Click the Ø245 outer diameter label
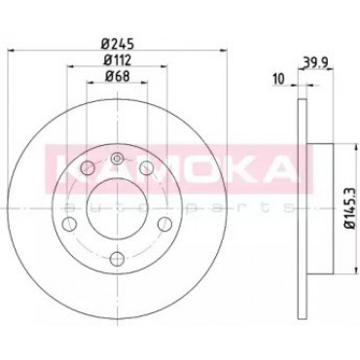click(x=118, y=44)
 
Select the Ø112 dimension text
click(x=117, y=60)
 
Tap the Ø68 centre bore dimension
click(x=117, y=77)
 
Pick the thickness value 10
click(x=278, y=78)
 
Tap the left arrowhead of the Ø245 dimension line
click(x=11, y=51)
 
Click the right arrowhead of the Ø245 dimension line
click(x=223, y=51)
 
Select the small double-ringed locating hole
click(x=117, y=159)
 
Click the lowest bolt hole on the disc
click(x=117, y=258)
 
